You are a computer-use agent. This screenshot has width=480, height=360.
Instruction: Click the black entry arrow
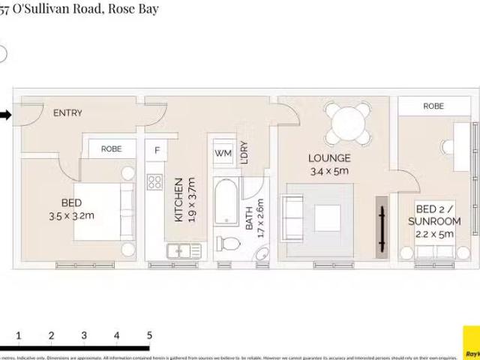click(5, 115)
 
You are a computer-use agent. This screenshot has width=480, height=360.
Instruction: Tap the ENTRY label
click(67, 113)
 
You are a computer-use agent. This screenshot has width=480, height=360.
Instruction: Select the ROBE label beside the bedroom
click(111, 149)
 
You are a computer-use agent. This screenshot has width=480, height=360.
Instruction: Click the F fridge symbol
click(157, 150)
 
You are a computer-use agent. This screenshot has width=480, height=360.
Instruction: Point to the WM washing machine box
click(223, 153)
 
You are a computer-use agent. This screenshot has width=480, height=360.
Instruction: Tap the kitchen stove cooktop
click(155, 182)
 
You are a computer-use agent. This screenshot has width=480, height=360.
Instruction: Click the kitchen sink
click(178, 250)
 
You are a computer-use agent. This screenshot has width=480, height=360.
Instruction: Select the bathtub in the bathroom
click(226, 200)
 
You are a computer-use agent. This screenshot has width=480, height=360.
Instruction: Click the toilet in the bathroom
click(228, 243)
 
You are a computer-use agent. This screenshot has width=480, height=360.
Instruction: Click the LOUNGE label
click(329, 158)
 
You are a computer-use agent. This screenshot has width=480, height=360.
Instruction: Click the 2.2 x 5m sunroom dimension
click(435, 233)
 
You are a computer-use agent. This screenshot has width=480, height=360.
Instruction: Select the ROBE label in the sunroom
click(433, 106)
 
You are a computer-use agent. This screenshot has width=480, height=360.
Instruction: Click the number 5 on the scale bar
click(149, 335)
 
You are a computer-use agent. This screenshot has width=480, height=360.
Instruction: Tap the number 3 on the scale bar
click(84, 335)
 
